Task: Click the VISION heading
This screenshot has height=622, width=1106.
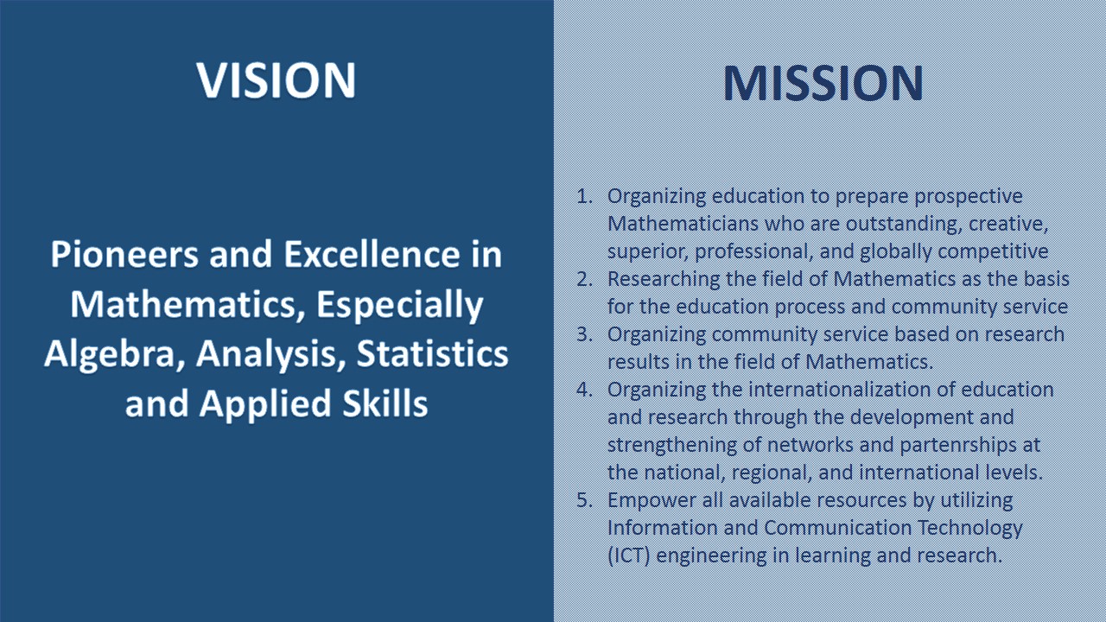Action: pyautogui.click(x=276, y=80)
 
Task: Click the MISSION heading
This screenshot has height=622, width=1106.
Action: pyautogui.click(x=823, y=83)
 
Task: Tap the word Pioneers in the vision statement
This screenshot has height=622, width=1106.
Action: pyautogui.click(x=124, y=254)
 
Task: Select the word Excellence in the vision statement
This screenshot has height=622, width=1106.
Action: pyautogui.click(x=372, y=254)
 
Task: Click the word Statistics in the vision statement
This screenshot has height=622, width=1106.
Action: pyautogui.click(x=433, y=353)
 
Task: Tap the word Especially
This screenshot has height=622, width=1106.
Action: pyautogui.click(x=400, y=305)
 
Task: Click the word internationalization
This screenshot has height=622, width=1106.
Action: pyautogui.click(x=840, y=390)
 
